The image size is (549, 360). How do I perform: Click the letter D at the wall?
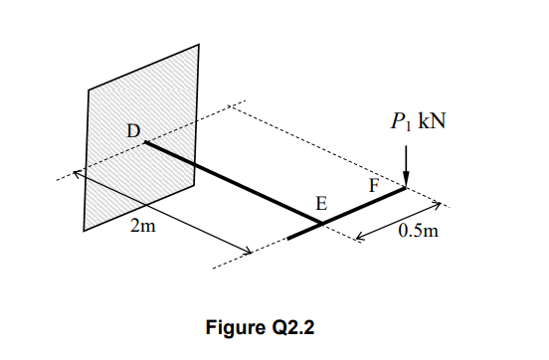[132, 129]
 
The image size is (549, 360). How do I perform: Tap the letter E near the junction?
[319, 203]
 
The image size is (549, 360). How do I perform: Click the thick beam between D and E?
[229, 183]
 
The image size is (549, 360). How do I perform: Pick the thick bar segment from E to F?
[363, 206]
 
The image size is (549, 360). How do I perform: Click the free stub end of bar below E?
[289, 239]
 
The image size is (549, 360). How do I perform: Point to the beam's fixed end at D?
[146, 143]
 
